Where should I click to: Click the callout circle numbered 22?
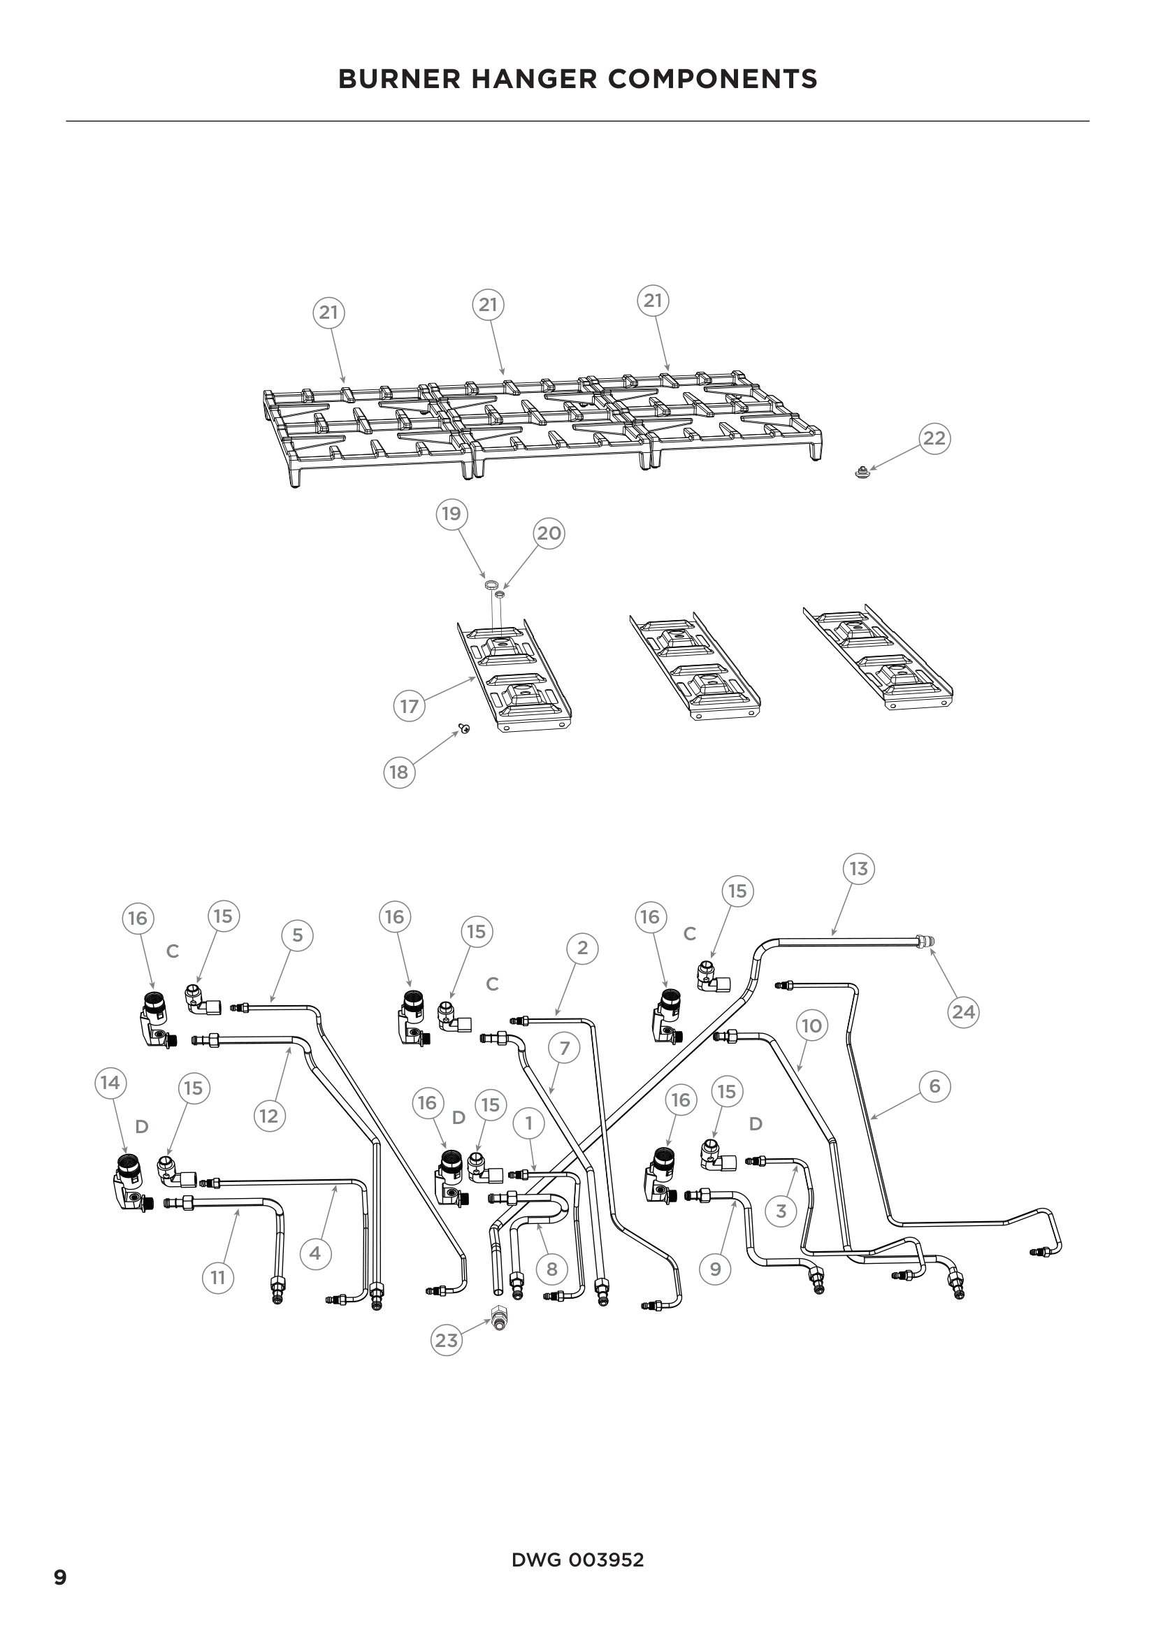pyautogui.click(x=934, y=438)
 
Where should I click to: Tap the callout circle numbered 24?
pyautogui.click(x=963, y=1012)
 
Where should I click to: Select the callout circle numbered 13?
pyautogui.click(x=858, y=869)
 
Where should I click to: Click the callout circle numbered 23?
pyautogui.click(x=447, y=1340)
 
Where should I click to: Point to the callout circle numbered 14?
pyautogui.click(x=110, y=1083)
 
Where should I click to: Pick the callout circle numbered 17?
pyautogui.click(x=410, y=707)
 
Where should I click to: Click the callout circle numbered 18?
pyautogui.click(x=398, y=772)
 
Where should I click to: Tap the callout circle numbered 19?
pyautogui.click(x=451, y=514)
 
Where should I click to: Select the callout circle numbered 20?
pyautogui.click(x=548, y=533)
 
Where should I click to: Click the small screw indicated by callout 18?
pyautogui.click(x=465, y=728)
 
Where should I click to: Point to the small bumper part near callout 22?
pyautogui.click(x=862, y=470)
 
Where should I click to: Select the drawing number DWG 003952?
pyautogui.click(x=577, y=1560)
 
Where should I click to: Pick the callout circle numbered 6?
pyautogui.click(x=934, y=1086)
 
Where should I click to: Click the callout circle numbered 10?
pyautogui.click(x=811, y=1025)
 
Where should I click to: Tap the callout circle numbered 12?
pyautogui.click(x=268, y=1115)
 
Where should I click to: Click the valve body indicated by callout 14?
pyautogui.click(x=129, y=1182)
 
